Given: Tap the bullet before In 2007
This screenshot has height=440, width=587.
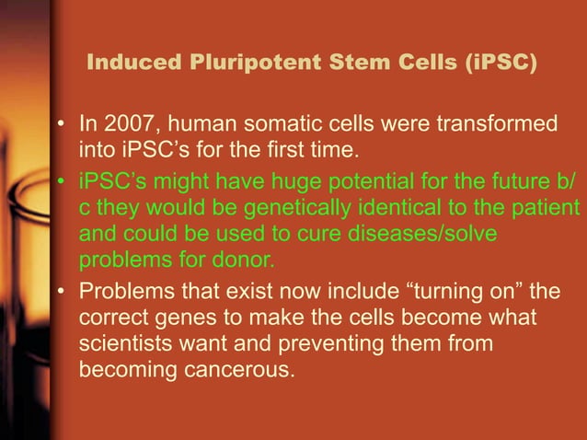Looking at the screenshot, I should pyautogui.click(x=61, y=123).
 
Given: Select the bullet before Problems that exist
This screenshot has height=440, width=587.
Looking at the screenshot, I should pyautogui.click(x=61, y=293).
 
